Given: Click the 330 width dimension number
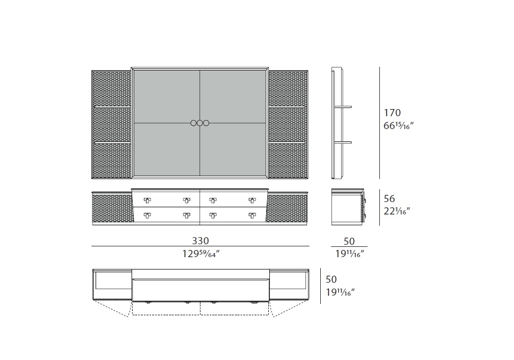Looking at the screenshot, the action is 200,241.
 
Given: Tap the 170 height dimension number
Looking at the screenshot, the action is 392,113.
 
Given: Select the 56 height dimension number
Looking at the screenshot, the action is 390,199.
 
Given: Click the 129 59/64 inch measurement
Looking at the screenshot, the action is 200,254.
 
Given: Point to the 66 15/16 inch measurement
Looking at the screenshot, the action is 399,125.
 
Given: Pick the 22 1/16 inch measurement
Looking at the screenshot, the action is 397,211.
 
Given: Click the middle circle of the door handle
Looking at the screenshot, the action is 199,123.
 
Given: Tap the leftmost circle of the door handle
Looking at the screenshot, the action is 193,123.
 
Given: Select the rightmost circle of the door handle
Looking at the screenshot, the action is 206,123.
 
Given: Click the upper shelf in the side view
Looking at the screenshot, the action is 343,107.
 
